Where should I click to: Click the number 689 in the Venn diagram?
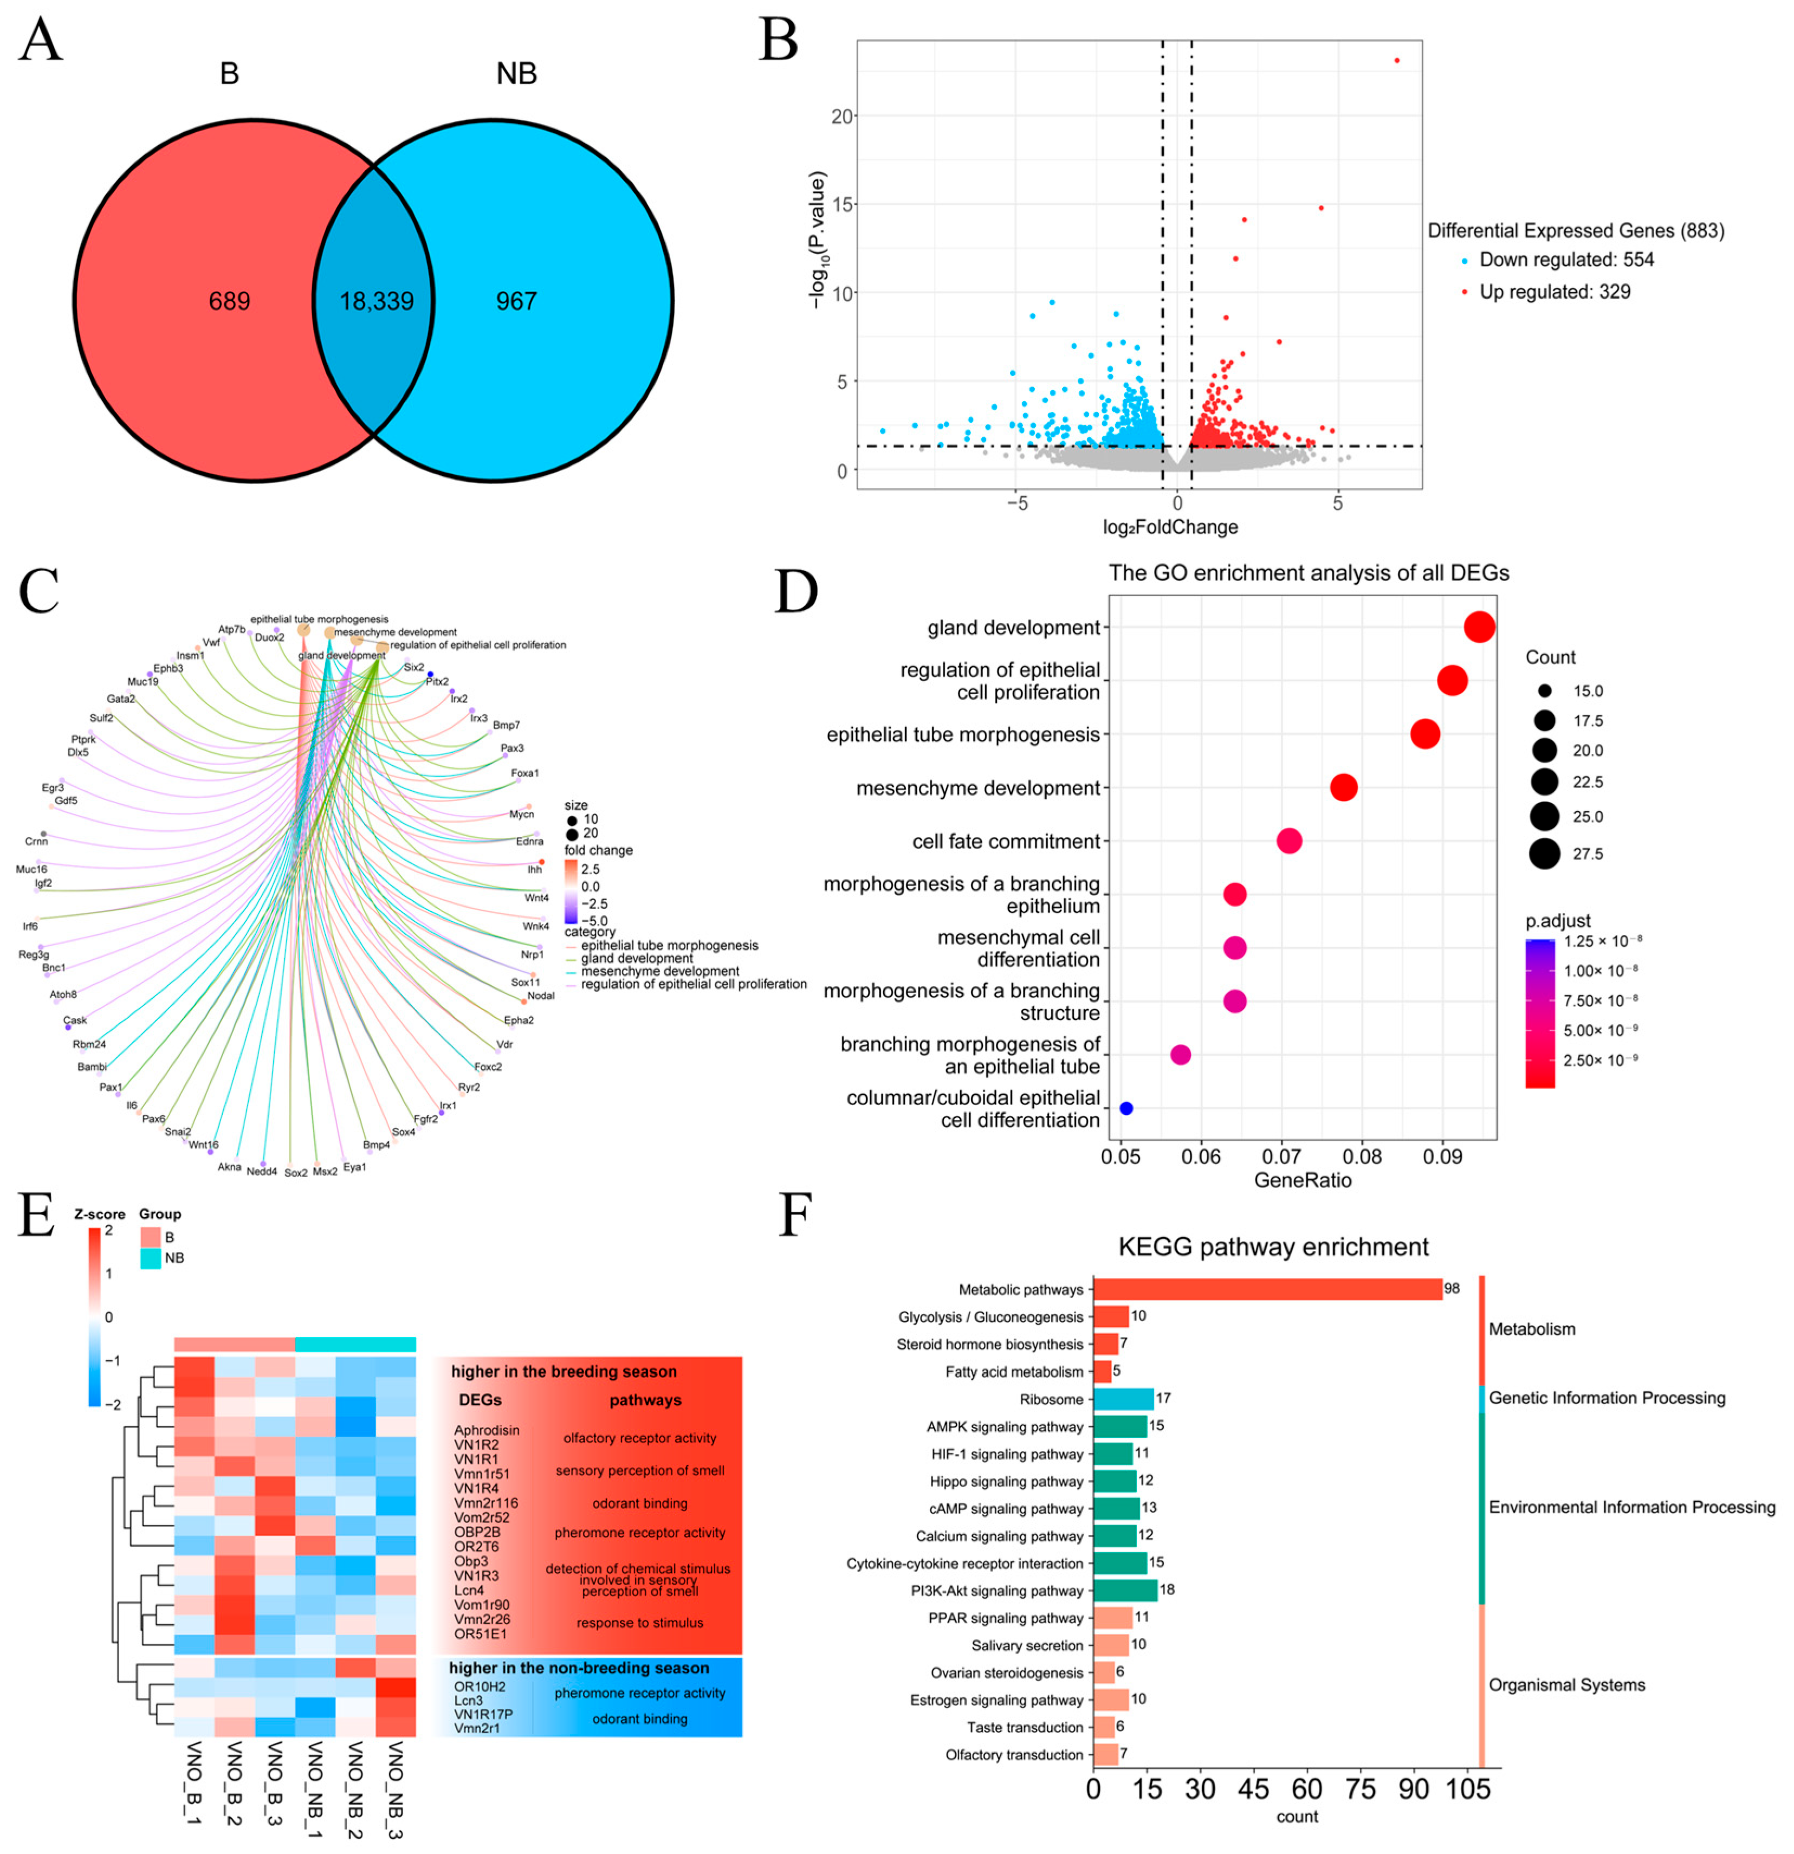tap(230, 302)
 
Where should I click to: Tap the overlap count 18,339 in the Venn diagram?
tap(377, 302)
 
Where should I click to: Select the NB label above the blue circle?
tap(516, 74)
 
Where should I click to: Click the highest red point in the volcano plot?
tap(1397, 61)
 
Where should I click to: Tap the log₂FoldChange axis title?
tap(1171, 527)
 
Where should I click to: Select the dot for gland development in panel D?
tap(1479, 627)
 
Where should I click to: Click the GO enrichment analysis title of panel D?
tap(1309, 573)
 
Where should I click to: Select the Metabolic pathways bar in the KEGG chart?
tap(1267, 1289)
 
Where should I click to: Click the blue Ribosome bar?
tap(1124, 1399)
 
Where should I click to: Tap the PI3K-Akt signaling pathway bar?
tap(1125, 1590)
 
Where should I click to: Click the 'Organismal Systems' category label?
tap(1567, 1685)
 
